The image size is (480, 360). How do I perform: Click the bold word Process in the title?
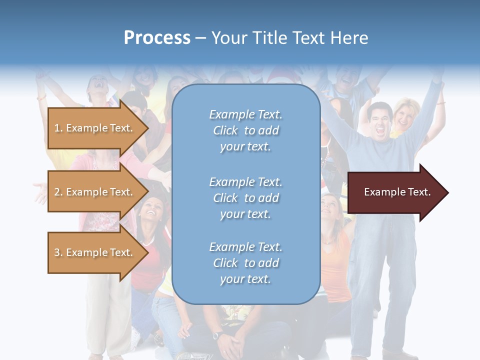[x=157, y=38]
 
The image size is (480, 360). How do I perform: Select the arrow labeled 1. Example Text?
[x=95, y=128]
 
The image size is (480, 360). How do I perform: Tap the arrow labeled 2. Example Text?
[x=95, y=192]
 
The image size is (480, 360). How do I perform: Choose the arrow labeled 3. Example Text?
[x=95, y=252]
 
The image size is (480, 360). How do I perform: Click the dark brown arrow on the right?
[x=390, y=192]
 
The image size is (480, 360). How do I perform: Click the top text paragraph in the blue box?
[x=245, y=130]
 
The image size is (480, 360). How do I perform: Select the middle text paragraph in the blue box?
[x=245, y=198]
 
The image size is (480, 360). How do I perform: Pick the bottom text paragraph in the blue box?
[x=245, y=263]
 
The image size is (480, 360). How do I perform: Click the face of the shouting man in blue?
[x=380, y=120]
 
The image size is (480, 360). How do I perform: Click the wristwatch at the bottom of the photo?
[x=217, y=334]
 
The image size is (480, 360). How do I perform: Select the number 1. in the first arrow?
[x=58, y=128]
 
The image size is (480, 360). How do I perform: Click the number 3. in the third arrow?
[x=58, y=252]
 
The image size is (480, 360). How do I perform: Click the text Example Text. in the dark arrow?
[x=397, y=192]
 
